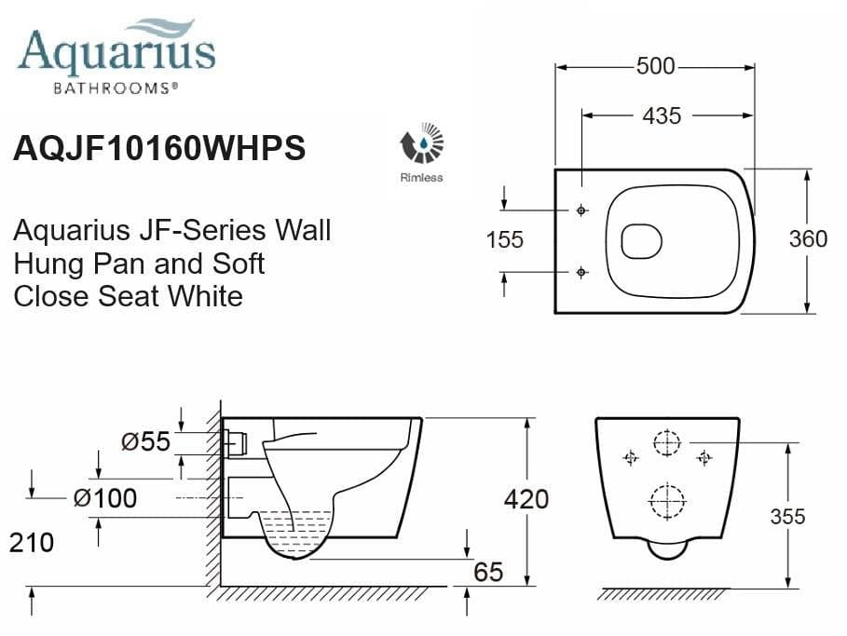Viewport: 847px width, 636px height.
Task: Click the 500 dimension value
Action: click(x=656, y=67)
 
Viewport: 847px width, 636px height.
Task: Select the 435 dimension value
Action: click(x=662, y=115)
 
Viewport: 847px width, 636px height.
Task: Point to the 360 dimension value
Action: click(x=808, y=239)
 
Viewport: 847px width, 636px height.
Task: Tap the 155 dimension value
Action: click(x=505, y=239)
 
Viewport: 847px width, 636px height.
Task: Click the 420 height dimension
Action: click(x=526, y=499)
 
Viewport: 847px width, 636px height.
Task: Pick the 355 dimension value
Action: click(x=787, y=517)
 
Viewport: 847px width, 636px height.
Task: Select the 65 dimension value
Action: click(x=488, y=572)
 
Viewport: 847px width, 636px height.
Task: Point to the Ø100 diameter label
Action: click(x=105, y=498)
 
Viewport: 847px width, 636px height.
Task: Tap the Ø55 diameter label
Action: click(x=146, y=441)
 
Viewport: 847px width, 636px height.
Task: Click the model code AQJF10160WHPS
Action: click(x=159, y=149)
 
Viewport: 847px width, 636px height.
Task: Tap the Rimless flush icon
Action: click(x=422, y=144)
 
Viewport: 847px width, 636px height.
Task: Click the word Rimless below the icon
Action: click(x=421, y=177)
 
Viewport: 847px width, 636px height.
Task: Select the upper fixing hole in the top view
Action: click(x=582, y=210)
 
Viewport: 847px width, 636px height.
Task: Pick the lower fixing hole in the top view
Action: click(x=582, y=272)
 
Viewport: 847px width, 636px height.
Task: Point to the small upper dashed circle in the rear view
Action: click(x=667, y=443)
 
